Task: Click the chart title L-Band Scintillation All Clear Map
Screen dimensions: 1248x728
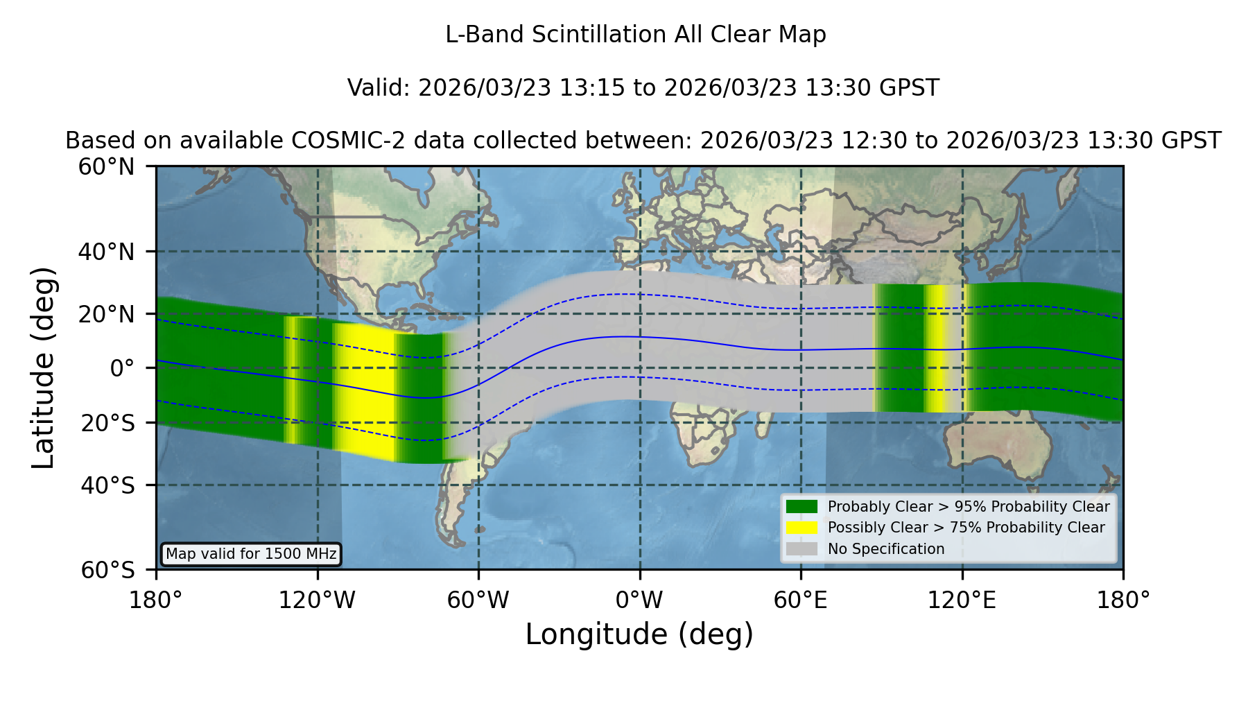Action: tap(636, 35)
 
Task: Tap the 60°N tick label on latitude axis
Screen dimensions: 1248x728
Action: tap(107, 166)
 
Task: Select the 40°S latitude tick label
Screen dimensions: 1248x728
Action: tap(108, 485)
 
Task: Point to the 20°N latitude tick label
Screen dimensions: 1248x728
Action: tap(107, 314)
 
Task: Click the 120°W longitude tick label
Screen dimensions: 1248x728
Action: tap(317, 600)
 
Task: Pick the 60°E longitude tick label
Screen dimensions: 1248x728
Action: tap(801, 600)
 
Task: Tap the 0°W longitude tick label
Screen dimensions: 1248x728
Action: tap(639, 600)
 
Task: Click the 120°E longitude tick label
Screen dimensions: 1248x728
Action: tap(962, 600)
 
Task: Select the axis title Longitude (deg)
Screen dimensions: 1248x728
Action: tap(639, 634)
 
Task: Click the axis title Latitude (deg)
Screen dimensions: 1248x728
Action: tap(43, 367)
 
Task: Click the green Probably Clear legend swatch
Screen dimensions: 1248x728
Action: tap(802, 507)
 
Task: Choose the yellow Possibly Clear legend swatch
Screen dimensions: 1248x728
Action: tap(802, 528)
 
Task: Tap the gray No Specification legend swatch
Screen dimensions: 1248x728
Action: tap(802, 549)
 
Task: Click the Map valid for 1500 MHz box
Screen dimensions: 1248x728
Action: tap(251, 554)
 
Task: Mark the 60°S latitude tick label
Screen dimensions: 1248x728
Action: tap(108, 570)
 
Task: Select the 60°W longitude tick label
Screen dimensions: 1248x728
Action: tap(478, 600)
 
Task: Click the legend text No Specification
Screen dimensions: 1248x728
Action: tap(886, 549)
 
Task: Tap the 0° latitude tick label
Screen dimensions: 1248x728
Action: tap(122, 368)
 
